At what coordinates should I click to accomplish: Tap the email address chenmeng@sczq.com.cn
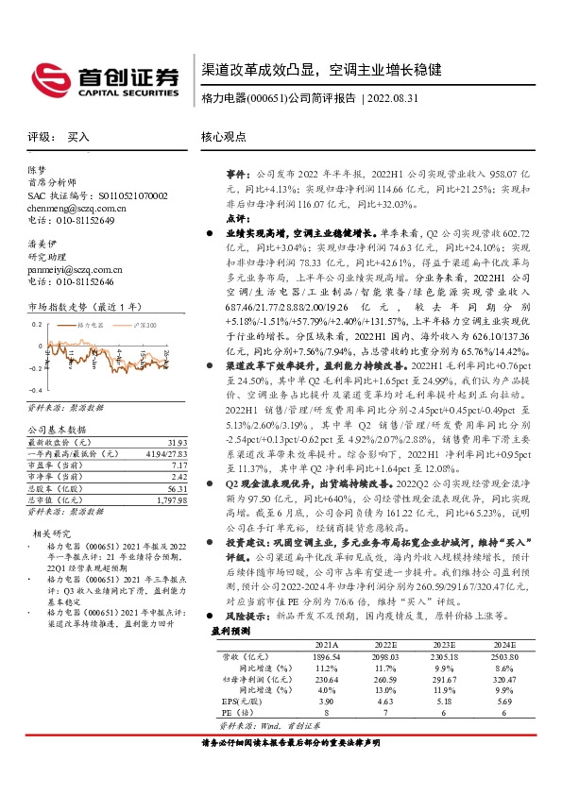click(77, 207)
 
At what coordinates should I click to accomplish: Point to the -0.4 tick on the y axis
click(36, 390)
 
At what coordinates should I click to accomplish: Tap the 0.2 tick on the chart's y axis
click(36, 323)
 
